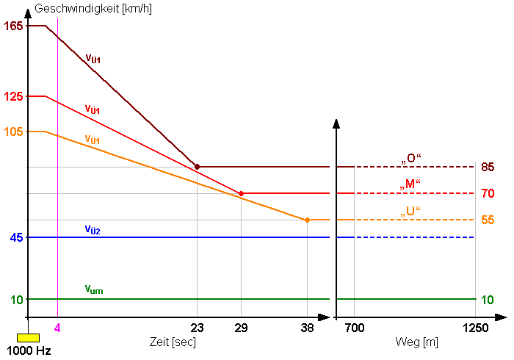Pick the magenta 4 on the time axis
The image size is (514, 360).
57,328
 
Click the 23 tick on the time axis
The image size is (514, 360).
197,328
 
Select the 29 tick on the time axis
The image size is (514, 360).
241,328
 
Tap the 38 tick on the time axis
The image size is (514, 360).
307,328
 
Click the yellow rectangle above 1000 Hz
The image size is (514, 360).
28,337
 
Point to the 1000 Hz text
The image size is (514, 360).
29,350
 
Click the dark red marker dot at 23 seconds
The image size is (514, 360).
197,167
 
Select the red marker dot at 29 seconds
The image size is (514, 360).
241,193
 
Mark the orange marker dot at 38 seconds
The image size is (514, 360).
307,220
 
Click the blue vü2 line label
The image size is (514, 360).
93,230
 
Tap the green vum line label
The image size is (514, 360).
94,290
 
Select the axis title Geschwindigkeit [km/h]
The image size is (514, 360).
83,10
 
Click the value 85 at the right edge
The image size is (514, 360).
488,167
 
